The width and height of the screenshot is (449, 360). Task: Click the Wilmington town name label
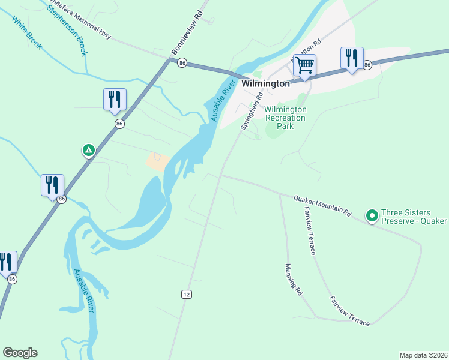point(265,84)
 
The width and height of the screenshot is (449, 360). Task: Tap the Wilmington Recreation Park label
point(286,113)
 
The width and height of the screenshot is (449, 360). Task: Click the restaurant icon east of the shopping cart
point(351,58)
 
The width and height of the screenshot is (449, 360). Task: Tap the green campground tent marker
point(88,150)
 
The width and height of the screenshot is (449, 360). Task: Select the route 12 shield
point(187,293)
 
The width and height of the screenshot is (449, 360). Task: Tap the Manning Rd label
point(294,280)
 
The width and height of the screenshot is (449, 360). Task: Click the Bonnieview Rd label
point(188,33)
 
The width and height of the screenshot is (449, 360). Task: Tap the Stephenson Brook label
point(67,30)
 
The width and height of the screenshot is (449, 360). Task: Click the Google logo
point(20,353)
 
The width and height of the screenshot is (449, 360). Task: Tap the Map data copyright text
point(424,355)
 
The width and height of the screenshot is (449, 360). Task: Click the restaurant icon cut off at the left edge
point(6,262)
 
